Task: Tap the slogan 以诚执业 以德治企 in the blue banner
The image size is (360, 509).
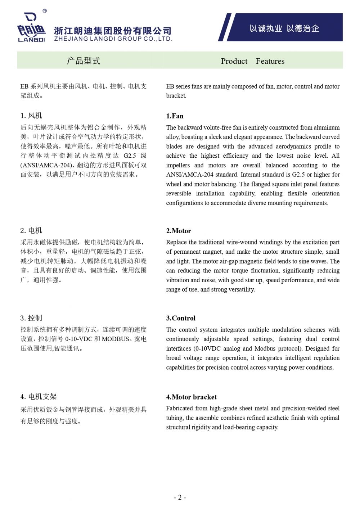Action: (284, 28)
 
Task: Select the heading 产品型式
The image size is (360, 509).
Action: (84, 61)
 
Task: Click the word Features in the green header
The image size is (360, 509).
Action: (270, 61)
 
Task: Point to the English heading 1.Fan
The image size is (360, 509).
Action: (175, 116)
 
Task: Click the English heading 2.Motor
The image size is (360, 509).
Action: (179, 231)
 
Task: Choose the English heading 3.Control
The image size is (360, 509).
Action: (181, 318)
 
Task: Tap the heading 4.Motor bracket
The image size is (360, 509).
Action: (191, 397)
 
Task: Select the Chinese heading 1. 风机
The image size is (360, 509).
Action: (31, 116)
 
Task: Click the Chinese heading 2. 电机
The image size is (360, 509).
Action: (31, 230)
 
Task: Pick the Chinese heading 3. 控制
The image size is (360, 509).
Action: (31, 318)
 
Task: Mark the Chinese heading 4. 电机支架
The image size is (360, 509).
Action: (39, 397)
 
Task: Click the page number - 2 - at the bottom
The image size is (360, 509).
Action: (180, 497)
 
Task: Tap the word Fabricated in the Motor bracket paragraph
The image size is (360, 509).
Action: (179, 408)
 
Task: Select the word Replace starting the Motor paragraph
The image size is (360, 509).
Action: (176, 242)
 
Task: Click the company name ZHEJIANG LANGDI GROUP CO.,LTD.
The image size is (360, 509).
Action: (113, 39)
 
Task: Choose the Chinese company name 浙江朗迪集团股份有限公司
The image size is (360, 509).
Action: (113, 31)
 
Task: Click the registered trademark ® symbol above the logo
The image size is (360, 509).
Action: (45, 11)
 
